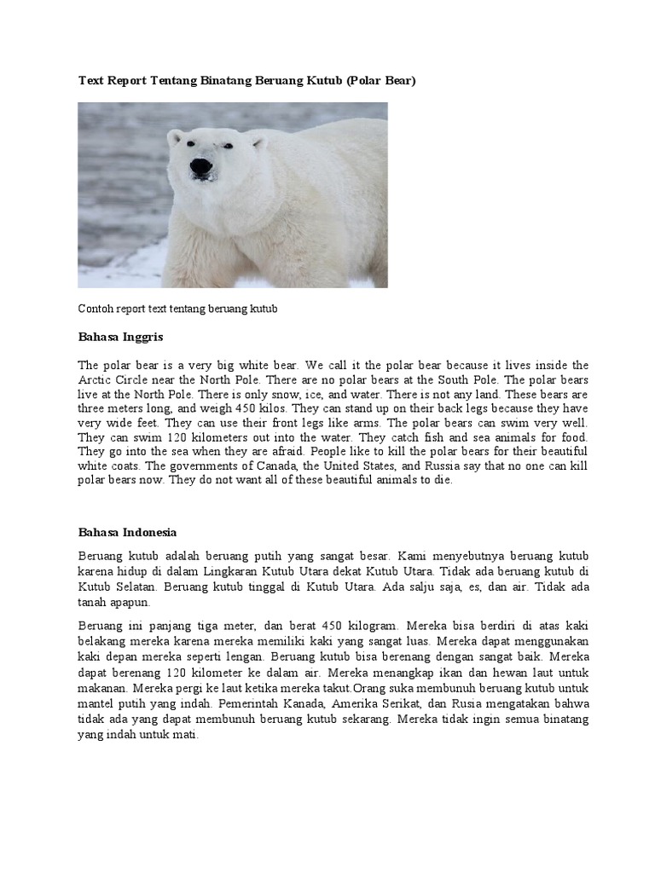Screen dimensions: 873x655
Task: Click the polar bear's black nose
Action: click(x=200, y=165)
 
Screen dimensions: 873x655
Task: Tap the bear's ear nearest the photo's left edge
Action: click(x=175, y=136)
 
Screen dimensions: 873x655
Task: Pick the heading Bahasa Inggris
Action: click(x=120, y=338)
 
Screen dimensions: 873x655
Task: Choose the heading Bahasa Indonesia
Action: click(x=128, y=532)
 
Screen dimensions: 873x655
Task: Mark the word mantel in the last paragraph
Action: click(x=96, y=703)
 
